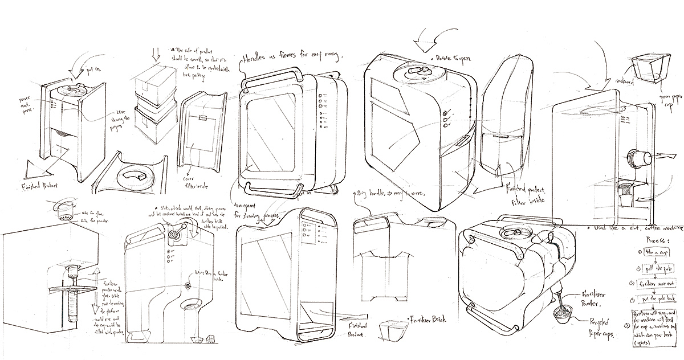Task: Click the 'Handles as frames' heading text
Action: (291, 58)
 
